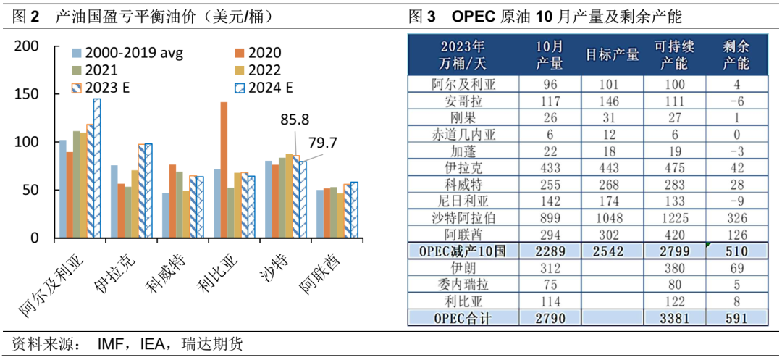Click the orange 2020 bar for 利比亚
point(224,170)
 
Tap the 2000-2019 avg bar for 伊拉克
point(114,201)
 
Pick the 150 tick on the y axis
point(28,95)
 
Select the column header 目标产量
point(612,55)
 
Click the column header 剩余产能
point(736,55)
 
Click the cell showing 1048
point(612,217)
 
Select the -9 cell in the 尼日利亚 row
point(736,200)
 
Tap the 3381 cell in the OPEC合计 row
point(674,316)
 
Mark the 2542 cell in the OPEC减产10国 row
point(612,250)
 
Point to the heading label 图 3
point(421,16)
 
